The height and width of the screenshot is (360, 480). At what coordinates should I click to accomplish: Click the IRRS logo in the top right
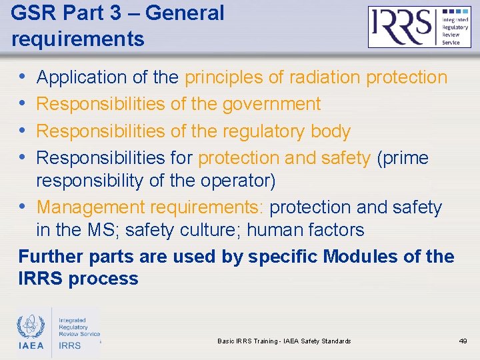(x=419, y=27)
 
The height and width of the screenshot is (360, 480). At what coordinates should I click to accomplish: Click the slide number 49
(x=463, y=341)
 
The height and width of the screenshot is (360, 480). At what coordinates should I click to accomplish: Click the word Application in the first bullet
(x=82, y=77)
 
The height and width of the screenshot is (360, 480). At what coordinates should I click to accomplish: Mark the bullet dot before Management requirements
(x=25, y=208)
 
